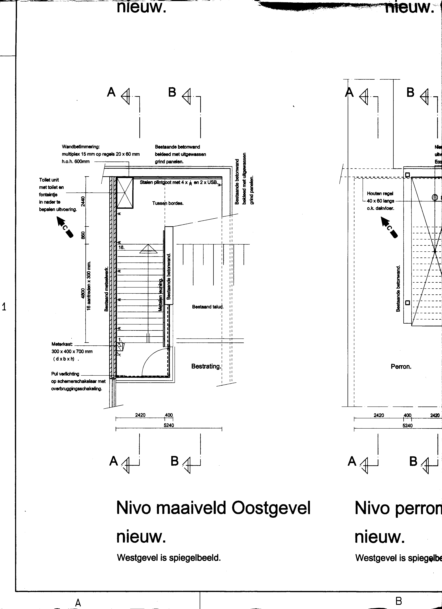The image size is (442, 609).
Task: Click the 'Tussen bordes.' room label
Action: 168,203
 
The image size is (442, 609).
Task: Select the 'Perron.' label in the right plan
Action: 401,366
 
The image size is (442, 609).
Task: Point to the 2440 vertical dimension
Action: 83,201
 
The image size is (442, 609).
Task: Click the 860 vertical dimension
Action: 83,235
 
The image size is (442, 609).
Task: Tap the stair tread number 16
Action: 122,247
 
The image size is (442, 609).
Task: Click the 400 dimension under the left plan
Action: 169,415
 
